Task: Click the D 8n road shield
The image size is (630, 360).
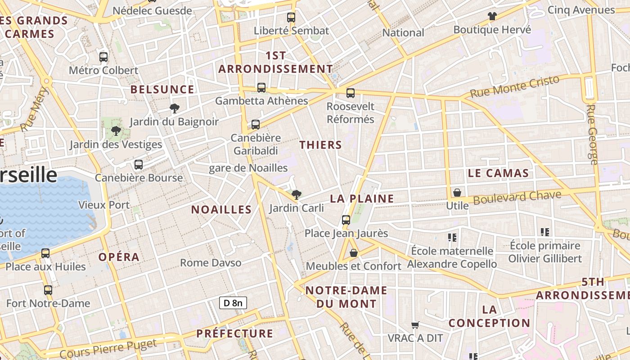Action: click(233, 303)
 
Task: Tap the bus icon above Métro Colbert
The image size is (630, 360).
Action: click(103, 57)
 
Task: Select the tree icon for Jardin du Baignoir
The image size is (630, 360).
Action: click(175, 108)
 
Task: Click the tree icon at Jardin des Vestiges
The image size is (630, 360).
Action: click(116, 131)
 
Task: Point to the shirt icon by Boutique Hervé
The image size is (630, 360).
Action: click(492, 16)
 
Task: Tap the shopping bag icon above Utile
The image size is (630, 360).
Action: click(457, 193)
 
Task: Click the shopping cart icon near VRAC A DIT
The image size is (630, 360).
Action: click(415, 325)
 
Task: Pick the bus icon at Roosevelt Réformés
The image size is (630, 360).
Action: click(351, 93)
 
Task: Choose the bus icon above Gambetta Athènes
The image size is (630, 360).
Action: click(261, 88)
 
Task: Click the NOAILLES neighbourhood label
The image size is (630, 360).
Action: click(221, 209)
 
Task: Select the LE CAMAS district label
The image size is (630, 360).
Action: click(498, 173)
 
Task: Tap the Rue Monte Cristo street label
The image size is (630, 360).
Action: click(514, 86)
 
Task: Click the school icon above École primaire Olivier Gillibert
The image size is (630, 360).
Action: click(545, 232)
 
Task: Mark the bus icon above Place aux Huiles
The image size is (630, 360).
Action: click(45, 253)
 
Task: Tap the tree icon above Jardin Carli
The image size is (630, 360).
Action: click(296, 195)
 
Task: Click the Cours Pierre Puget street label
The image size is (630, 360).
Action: click(108, 349)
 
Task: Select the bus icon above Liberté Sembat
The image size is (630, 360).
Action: click(291, 18)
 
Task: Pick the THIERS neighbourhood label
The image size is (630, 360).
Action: click(320, 145)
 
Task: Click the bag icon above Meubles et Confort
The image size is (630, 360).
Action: click(354, 253)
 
